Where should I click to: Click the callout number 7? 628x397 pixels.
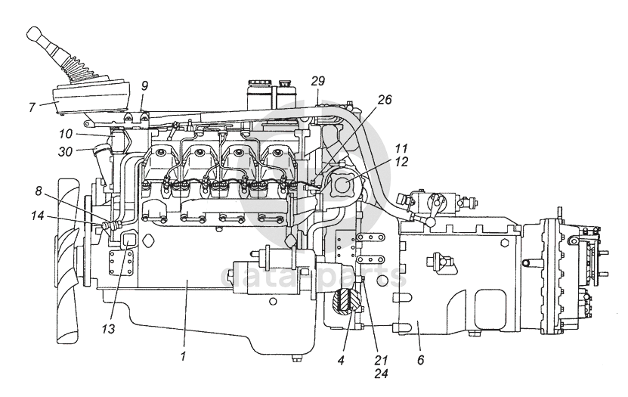coord(32,107)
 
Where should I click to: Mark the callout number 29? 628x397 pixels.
coord(318,79)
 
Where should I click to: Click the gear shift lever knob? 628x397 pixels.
coord(36,33)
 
